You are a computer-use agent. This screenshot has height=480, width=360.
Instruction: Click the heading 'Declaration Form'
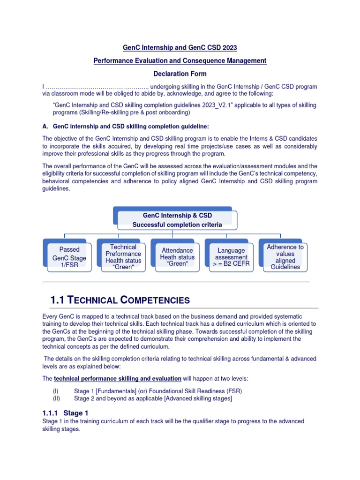[x=180, y=74]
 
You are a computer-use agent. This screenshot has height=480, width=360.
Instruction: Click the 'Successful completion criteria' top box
[x=177, y=220]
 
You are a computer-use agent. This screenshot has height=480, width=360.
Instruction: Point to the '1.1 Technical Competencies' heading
[x=120, y=300]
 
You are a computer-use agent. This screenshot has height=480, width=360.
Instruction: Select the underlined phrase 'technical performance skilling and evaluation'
[x=118, y=378]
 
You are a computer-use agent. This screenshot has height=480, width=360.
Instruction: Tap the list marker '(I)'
[x=56, y=391]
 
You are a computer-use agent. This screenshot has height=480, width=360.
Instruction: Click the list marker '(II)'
[x=57, y=399]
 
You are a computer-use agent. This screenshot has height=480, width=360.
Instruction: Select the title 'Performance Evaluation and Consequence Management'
[x=180, y=60]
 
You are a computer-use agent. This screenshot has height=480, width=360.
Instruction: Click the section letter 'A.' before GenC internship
[x=45, y=126]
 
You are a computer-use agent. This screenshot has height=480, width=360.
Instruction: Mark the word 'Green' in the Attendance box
[x=178, y=264]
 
